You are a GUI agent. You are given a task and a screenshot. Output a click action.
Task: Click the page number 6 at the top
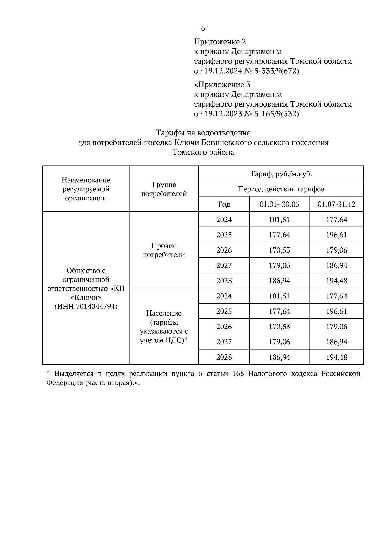[203, 28]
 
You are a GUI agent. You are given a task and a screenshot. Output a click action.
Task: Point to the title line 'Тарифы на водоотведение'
[203, 133]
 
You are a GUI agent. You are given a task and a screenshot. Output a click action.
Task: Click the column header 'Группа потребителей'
[164, 189]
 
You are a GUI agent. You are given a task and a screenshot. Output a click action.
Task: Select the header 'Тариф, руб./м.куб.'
[281, 174]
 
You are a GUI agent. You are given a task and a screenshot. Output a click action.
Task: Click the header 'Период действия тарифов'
[281, 189]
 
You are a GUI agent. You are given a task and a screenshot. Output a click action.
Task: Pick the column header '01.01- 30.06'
[279, 204]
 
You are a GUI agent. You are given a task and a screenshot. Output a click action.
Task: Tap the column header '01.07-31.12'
[336, 204]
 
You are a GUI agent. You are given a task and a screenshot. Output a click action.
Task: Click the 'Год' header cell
[224, 204]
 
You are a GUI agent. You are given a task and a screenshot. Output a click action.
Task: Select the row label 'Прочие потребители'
[164, 250]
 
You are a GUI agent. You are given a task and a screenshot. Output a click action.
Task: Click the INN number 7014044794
[97, 306]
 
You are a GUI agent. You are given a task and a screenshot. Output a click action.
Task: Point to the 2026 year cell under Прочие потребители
[224, 250]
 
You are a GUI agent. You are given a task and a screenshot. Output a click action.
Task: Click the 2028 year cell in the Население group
[224, 357]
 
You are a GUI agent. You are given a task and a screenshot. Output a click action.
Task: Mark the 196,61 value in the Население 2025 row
[336, 311]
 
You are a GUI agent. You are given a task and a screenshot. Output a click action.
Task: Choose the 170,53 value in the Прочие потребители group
[279, 250]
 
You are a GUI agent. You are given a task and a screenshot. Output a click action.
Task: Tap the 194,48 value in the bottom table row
[336, 357]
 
